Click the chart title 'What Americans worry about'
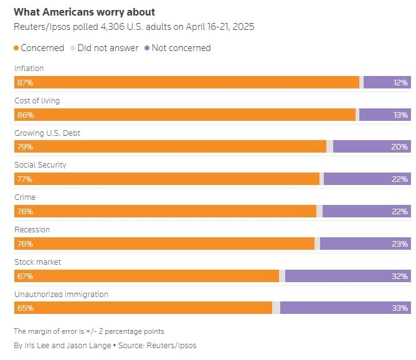(x=84, y=12)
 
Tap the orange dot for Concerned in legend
(x=17, y=48)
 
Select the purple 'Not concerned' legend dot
(x=147, y=48)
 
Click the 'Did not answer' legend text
(x=107, y=48)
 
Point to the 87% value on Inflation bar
(x=26, y=82)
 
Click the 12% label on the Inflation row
(x=400, y=82)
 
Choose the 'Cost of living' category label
(x=37, y=100)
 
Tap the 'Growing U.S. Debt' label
(x=47, y=133)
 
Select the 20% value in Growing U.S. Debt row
(x=400, y=147)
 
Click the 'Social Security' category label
(x=40, y=165)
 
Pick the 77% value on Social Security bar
(x=26, y=179)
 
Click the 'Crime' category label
(x=25, y=197)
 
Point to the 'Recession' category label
(x=32, y=230)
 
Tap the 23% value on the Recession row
(x=400, y=244)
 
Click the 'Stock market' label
(x=38, y=262)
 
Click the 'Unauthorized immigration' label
(x=62, y=295)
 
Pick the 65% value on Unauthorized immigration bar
(x=26, y=308)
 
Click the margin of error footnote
(x=89, y=331)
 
